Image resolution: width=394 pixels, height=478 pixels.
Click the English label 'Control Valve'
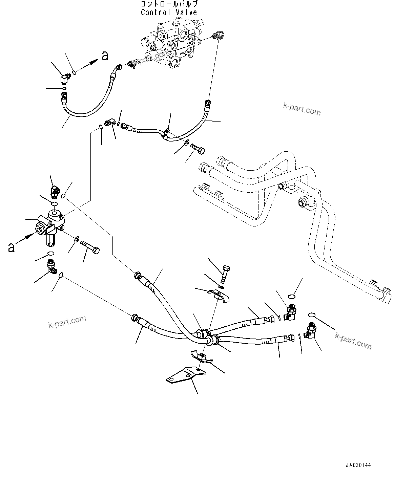[x=169, y=13]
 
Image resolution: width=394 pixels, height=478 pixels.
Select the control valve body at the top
[x=169, y=42]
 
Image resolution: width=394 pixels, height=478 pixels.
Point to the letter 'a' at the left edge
[x=12, y=247]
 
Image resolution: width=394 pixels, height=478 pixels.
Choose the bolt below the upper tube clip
[x=198, y=149]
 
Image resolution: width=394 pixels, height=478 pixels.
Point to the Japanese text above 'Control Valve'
[x=169, y=4]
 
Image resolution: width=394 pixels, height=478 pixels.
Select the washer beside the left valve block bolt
[x=77, y=239]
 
